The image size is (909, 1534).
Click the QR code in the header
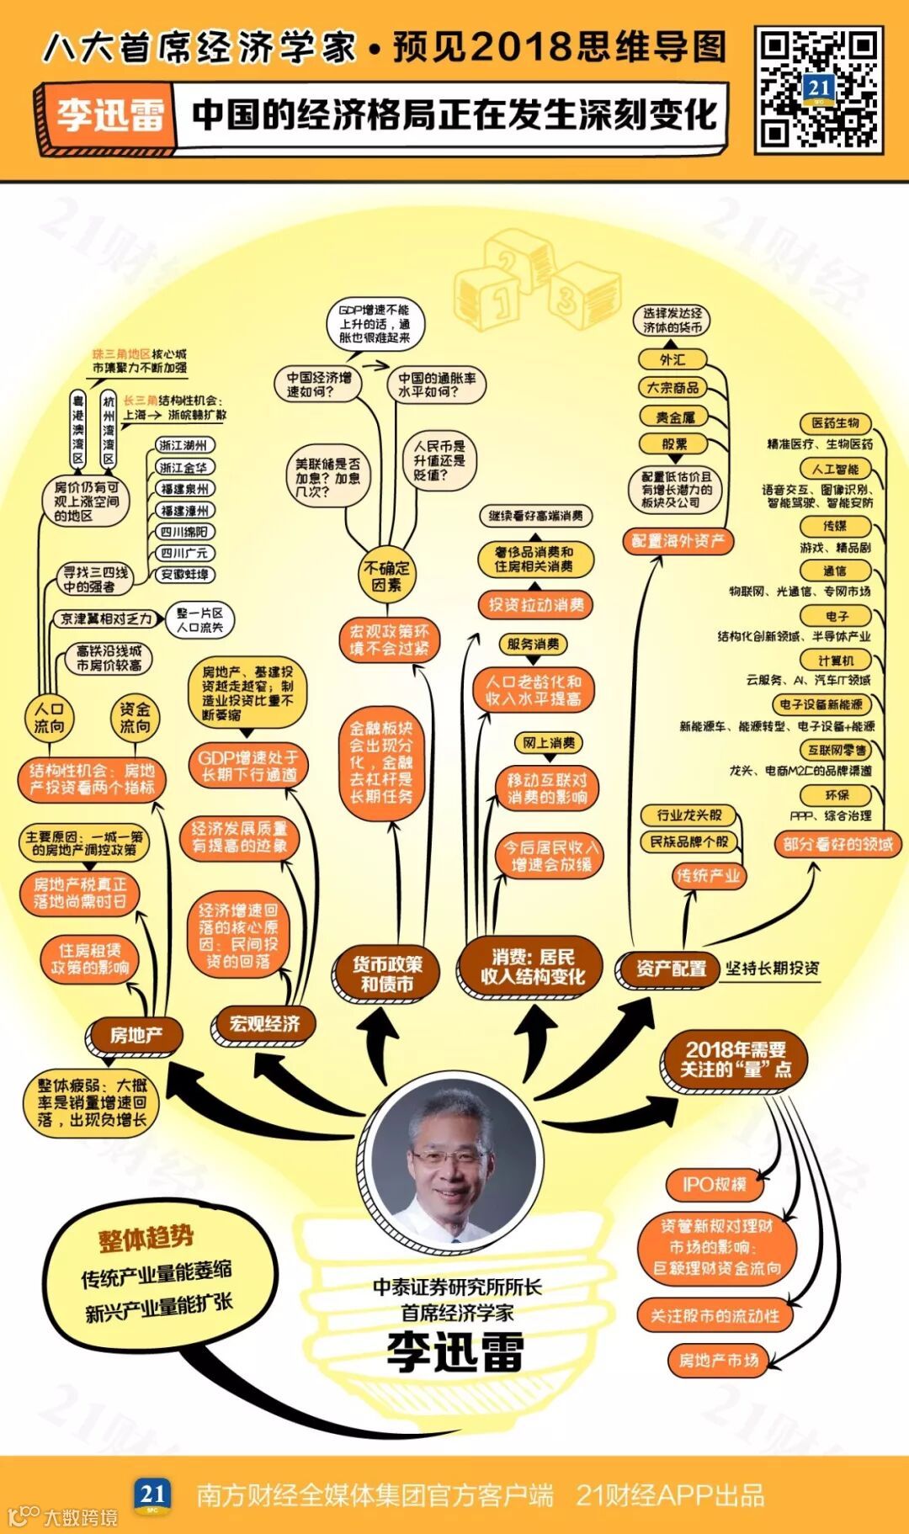818,88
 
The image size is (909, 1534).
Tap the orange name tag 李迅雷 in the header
109,115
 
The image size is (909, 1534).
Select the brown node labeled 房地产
136,1034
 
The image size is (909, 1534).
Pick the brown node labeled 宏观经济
264,1023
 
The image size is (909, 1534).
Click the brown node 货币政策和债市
387,974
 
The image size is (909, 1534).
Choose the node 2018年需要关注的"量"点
735,1059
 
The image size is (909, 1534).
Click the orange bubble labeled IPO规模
714,1185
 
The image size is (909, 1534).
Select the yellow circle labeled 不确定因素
386,576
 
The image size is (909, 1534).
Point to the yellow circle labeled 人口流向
49,718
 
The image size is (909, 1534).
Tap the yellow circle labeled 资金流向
135,718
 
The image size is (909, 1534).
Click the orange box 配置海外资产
678,541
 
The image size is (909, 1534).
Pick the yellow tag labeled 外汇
672,360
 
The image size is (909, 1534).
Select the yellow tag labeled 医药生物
835,423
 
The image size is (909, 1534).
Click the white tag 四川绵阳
185,532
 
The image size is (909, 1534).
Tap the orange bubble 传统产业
709,876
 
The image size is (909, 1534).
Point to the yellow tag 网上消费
548,743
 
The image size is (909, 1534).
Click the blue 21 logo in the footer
152,1494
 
